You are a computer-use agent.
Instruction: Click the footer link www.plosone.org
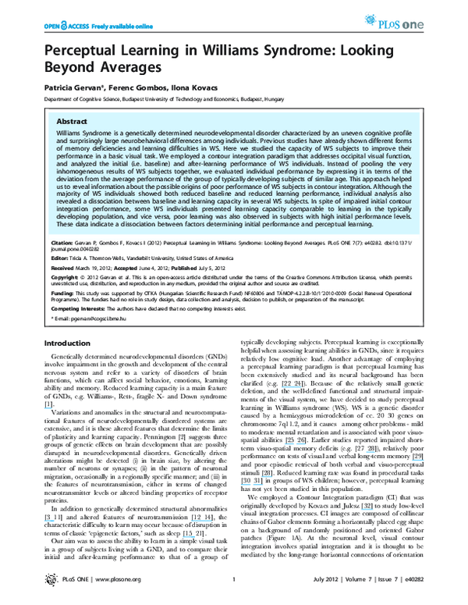pos(106,600)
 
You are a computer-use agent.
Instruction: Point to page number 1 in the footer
pos(235,600)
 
